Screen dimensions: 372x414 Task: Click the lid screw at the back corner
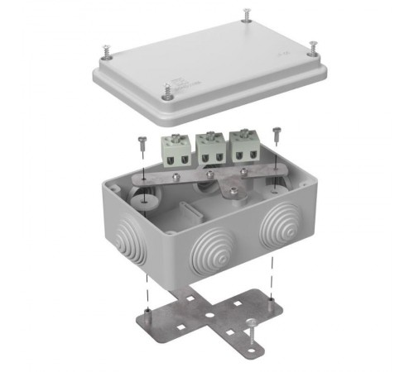(247, 14)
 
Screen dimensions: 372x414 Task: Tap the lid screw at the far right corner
(313, 47)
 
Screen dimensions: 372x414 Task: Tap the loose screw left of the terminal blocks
(143, 141)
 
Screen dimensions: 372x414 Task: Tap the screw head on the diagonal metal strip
(236, 191)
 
